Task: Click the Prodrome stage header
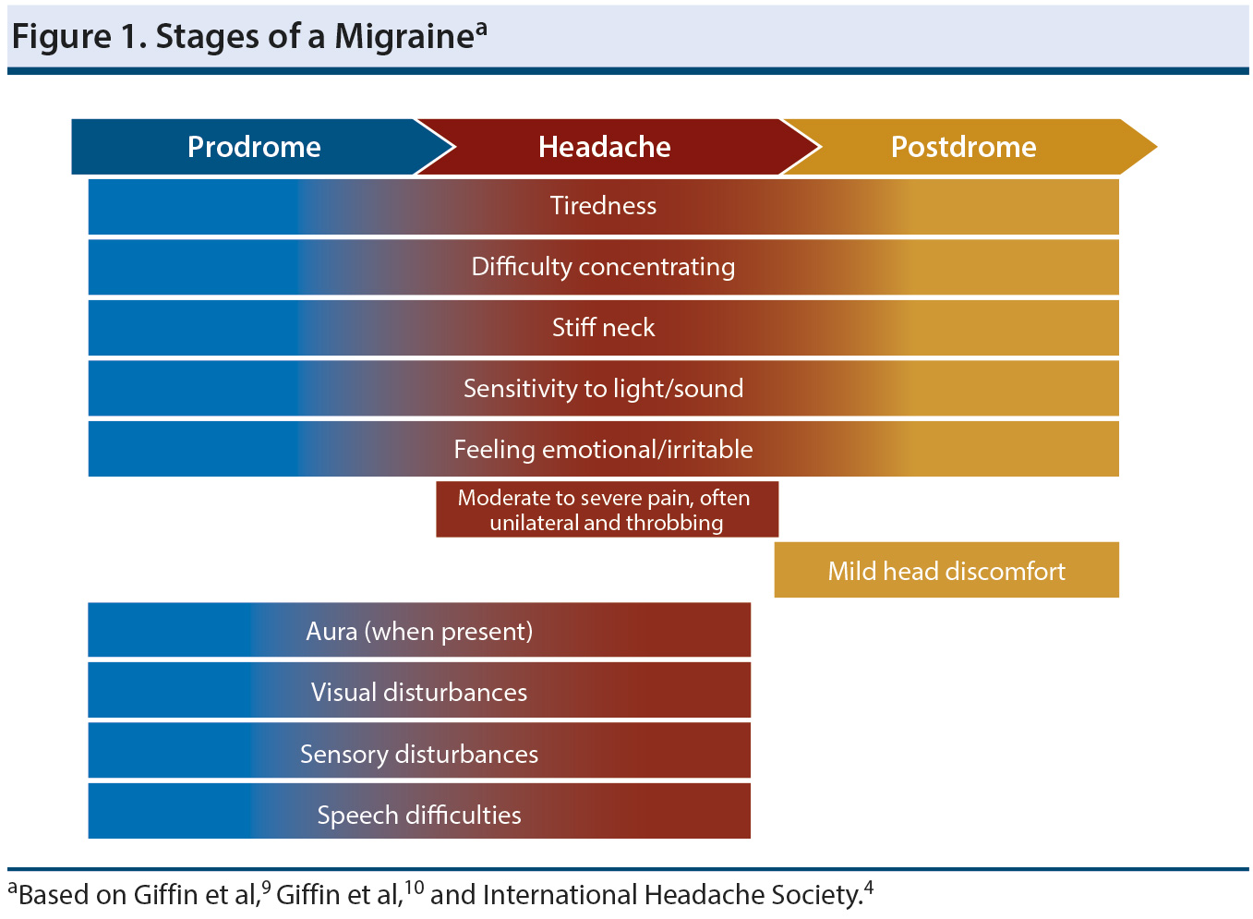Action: point(254,147)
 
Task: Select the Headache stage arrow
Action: point(605,147)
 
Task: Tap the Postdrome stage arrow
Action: point(963,147)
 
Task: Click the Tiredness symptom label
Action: point(603,206)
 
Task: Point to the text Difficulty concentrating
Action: point(603,267)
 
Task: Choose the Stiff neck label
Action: point(603,328)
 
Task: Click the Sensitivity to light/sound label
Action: point(603,389)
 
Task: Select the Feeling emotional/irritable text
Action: point(603,450)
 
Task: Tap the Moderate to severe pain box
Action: point(607,510)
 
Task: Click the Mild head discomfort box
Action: point(946,571)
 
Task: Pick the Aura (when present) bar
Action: point(419,632)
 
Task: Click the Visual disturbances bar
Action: point(419,693)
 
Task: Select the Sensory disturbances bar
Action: point(419,755)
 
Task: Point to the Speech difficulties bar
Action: point(419,816)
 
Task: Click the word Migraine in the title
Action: point(404,37)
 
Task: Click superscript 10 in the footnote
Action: point(414,887)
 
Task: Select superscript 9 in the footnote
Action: point(266,887)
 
